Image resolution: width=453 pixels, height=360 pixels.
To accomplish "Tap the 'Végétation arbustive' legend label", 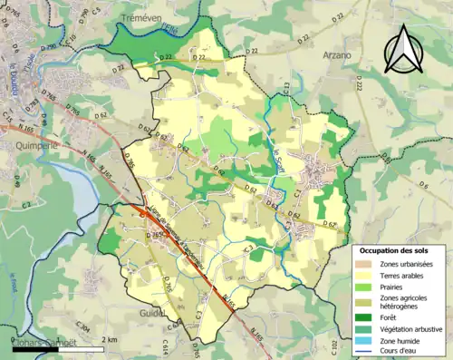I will tap(416, 328).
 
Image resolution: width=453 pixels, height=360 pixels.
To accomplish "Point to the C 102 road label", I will tap(335, 345).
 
